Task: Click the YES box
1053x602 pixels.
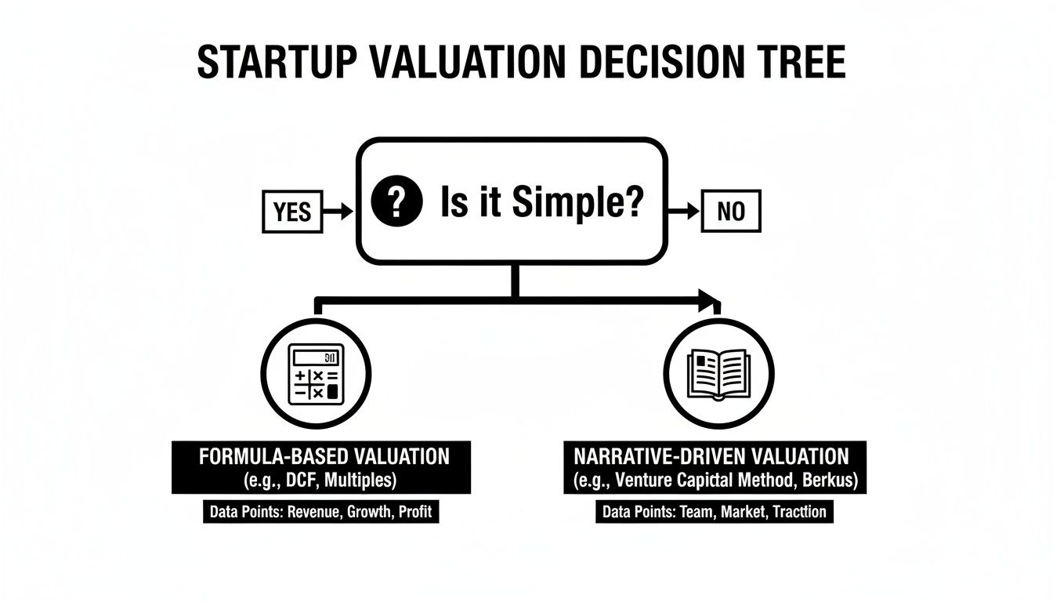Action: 292,212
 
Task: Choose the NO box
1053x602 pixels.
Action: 730,212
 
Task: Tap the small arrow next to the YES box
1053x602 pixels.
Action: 338,211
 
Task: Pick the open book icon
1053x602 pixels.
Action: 718,374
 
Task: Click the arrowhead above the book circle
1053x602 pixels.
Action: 710,299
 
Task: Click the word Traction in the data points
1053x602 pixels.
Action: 799,513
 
